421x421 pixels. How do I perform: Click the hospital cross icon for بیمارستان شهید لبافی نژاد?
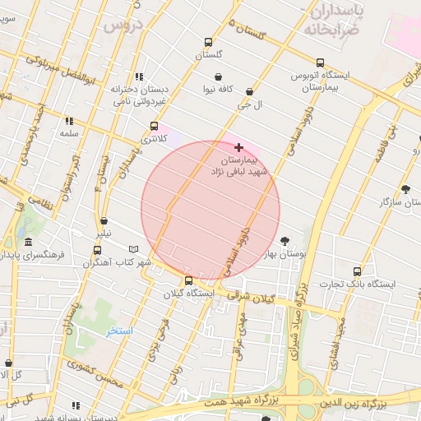pos(239,146)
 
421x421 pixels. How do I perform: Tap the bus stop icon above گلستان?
pos(208,43)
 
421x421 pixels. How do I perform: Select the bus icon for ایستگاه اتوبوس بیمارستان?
pos(320,62)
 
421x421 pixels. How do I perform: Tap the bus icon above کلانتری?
pos(154,127)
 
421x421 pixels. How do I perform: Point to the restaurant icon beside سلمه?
pos(69,121)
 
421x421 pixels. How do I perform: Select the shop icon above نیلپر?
pos(104,220)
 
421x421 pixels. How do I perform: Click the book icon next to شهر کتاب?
pos(134,249)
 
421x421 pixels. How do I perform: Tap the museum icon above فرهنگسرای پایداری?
pos(29,243)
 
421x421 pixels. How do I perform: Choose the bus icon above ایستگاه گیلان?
pos(189,280)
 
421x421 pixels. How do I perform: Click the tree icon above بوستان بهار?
pos(285,241)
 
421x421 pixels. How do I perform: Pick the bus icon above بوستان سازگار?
pos(406,188)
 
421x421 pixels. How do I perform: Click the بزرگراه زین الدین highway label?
pos(353,404)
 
